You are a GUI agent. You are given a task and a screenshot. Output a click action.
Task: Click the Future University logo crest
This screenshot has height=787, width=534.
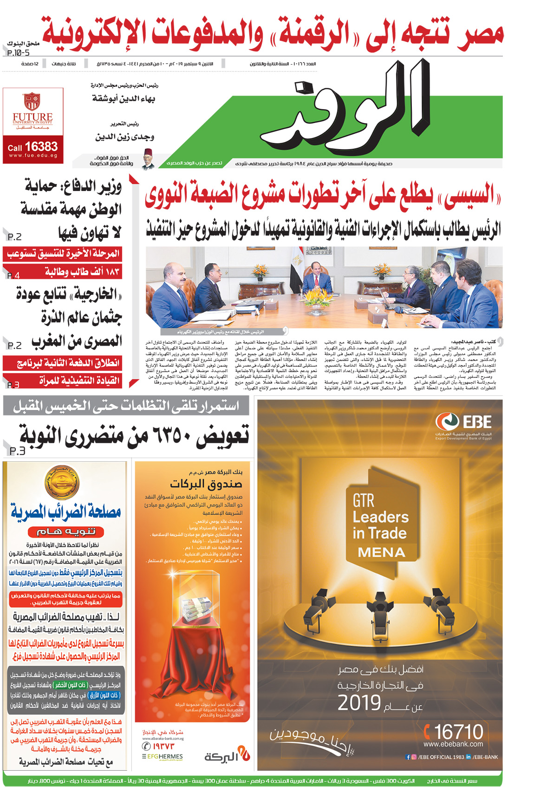tap(33, 101)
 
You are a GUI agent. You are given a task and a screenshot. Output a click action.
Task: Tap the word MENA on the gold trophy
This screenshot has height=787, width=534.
tap(382, 552)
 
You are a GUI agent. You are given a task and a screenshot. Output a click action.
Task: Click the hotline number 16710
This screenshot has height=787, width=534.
tap(454, 732)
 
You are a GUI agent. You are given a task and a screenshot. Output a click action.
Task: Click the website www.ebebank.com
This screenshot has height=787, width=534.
tap(453, 744)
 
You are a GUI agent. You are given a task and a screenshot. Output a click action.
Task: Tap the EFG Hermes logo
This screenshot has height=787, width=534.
tap(163, 756)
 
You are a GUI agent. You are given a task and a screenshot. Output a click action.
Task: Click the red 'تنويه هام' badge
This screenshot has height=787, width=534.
tap(65, 531)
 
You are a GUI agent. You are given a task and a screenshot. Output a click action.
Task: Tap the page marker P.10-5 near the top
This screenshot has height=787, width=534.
tap(19, 53)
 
